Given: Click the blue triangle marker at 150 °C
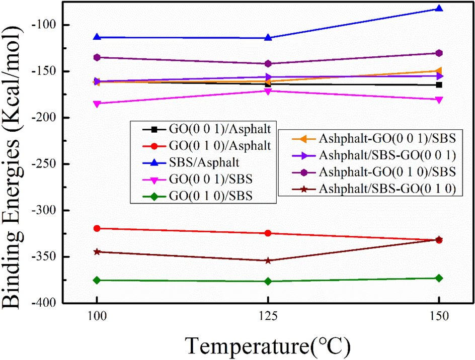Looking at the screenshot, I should (x=439, y=8).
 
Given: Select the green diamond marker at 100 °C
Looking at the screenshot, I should (x=96, y=280).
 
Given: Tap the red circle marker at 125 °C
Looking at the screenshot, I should (x=268, y=233).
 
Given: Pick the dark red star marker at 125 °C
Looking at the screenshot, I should (x=268, y=260).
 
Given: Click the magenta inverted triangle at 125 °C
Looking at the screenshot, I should (x=268, y=91).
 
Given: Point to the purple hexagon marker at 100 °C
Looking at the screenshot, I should (x=96, y=57).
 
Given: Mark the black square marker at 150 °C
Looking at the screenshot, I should (x=439, y=84).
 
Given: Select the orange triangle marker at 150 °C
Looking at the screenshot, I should (x=439, y=71).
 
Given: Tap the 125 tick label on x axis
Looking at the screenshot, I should (x=268, y=319).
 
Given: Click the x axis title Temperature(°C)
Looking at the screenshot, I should (x=267, y=345).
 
